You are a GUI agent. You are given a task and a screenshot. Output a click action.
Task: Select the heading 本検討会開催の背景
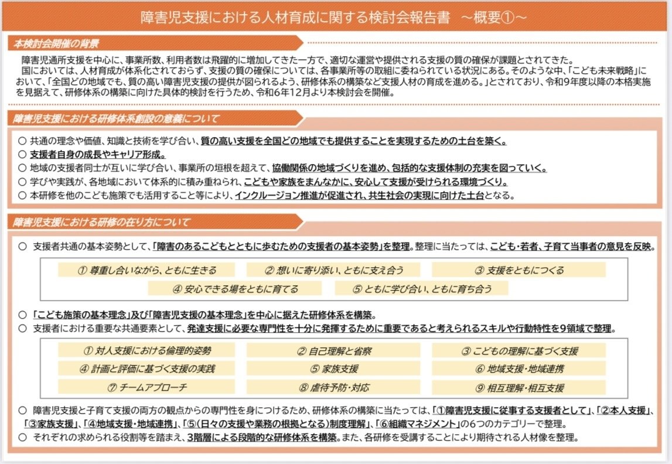tap(57, 43)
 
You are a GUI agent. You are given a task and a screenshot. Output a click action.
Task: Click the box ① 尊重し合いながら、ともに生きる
tap(146, 270)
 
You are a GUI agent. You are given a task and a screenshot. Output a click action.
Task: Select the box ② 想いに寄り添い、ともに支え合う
tap(333, 270)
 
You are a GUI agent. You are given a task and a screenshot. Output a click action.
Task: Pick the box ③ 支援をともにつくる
tap(519, 270)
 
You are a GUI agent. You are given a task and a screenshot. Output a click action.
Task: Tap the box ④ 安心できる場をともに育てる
tap(234, 289)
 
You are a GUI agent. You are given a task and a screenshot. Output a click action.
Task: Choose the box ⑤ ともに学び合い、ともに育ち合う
tap(421, 289)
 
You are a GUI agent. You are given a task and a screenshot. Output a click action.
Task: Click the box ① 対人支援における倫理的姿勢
tap(146, 351)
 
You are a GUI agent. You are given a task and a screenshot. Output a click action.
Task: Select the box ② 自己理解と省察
tap(333, 351)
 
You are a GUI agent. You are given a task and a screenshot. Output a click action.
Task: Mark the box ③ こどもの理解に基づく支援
tap(519, 351)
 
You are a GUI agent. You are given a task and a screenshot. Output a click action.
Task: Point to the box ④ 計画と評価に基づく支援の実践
tap(146, 369)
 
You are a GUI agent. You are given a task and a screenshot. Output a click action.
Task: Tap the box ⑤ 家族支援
tap(333, 369)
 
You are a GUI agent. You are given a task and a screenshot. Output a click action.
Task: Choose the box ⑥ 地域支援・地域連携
tap(519, 369)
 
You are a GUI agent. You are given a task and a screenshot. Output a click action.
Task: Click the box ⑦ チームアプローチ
tap(146, 387)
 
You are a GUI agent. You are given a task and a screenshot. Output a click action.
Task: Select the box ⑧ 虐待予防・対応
tap(333, 387)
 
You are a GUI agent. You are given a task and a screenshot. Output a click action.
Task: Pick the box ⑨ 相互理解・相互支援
tap(519, 387)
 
